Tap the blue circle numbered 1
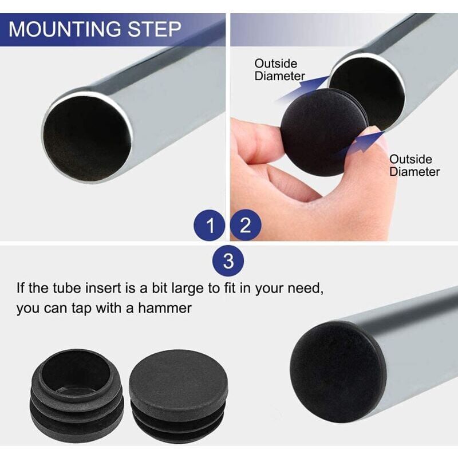tap(211, 226)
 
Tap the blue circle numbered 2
tap(246, 226)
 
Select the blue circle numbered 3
tap(228, 262)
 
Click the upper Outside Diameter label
tap(279, 69)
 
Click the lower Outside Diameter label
tap(414, 165)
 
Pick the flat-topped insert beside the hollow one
tap(178, 396)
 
